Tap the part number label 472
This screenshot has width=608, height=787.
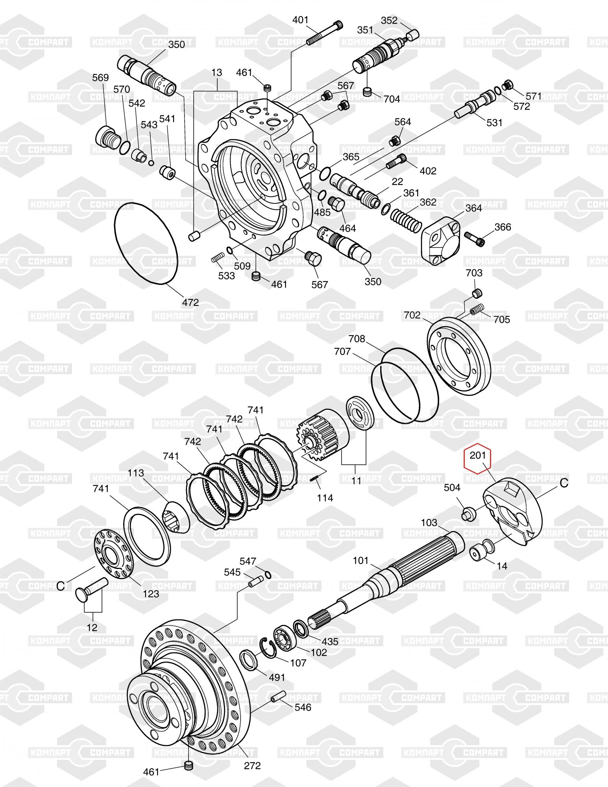[190, 303]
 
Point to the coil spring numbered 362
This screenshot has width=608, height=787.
[405, 222]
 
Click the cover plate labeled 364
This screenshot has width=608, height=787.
[441, 240]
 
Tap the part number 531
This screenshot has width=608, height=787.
[494, 123]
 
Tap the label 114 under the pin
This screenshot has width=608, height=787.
[325, 498]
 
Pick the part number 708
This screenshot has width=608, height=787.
[357, 339]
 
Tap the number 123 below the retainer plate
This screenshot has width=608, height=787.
[151, 594]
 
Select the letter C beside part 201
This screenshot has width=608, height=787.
[564, 483]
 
